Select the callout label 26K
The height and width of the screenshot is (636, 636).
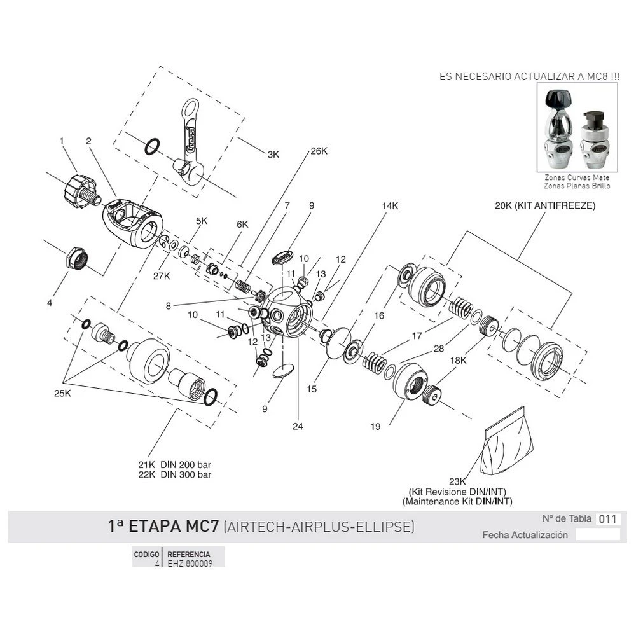pos(319,151)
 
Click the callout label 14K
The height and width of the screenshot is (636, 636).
pos(389,206)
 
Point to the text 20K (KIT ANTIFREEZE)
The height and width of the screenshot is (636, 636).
pos(545,206)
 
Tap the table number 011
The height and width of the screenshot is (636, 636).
pos(608,518)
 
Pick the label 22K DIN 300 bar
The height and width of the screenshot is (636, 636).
pos(175,474)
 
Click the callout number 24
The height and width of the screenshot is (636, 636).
pos(298,427)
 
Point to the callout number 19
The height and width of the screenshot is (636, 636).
pos(376,427)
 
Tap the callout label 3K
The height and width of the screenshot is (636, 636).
pos(273,154)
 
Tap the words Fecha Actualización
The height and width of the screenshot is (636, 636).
pos(525,535)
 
